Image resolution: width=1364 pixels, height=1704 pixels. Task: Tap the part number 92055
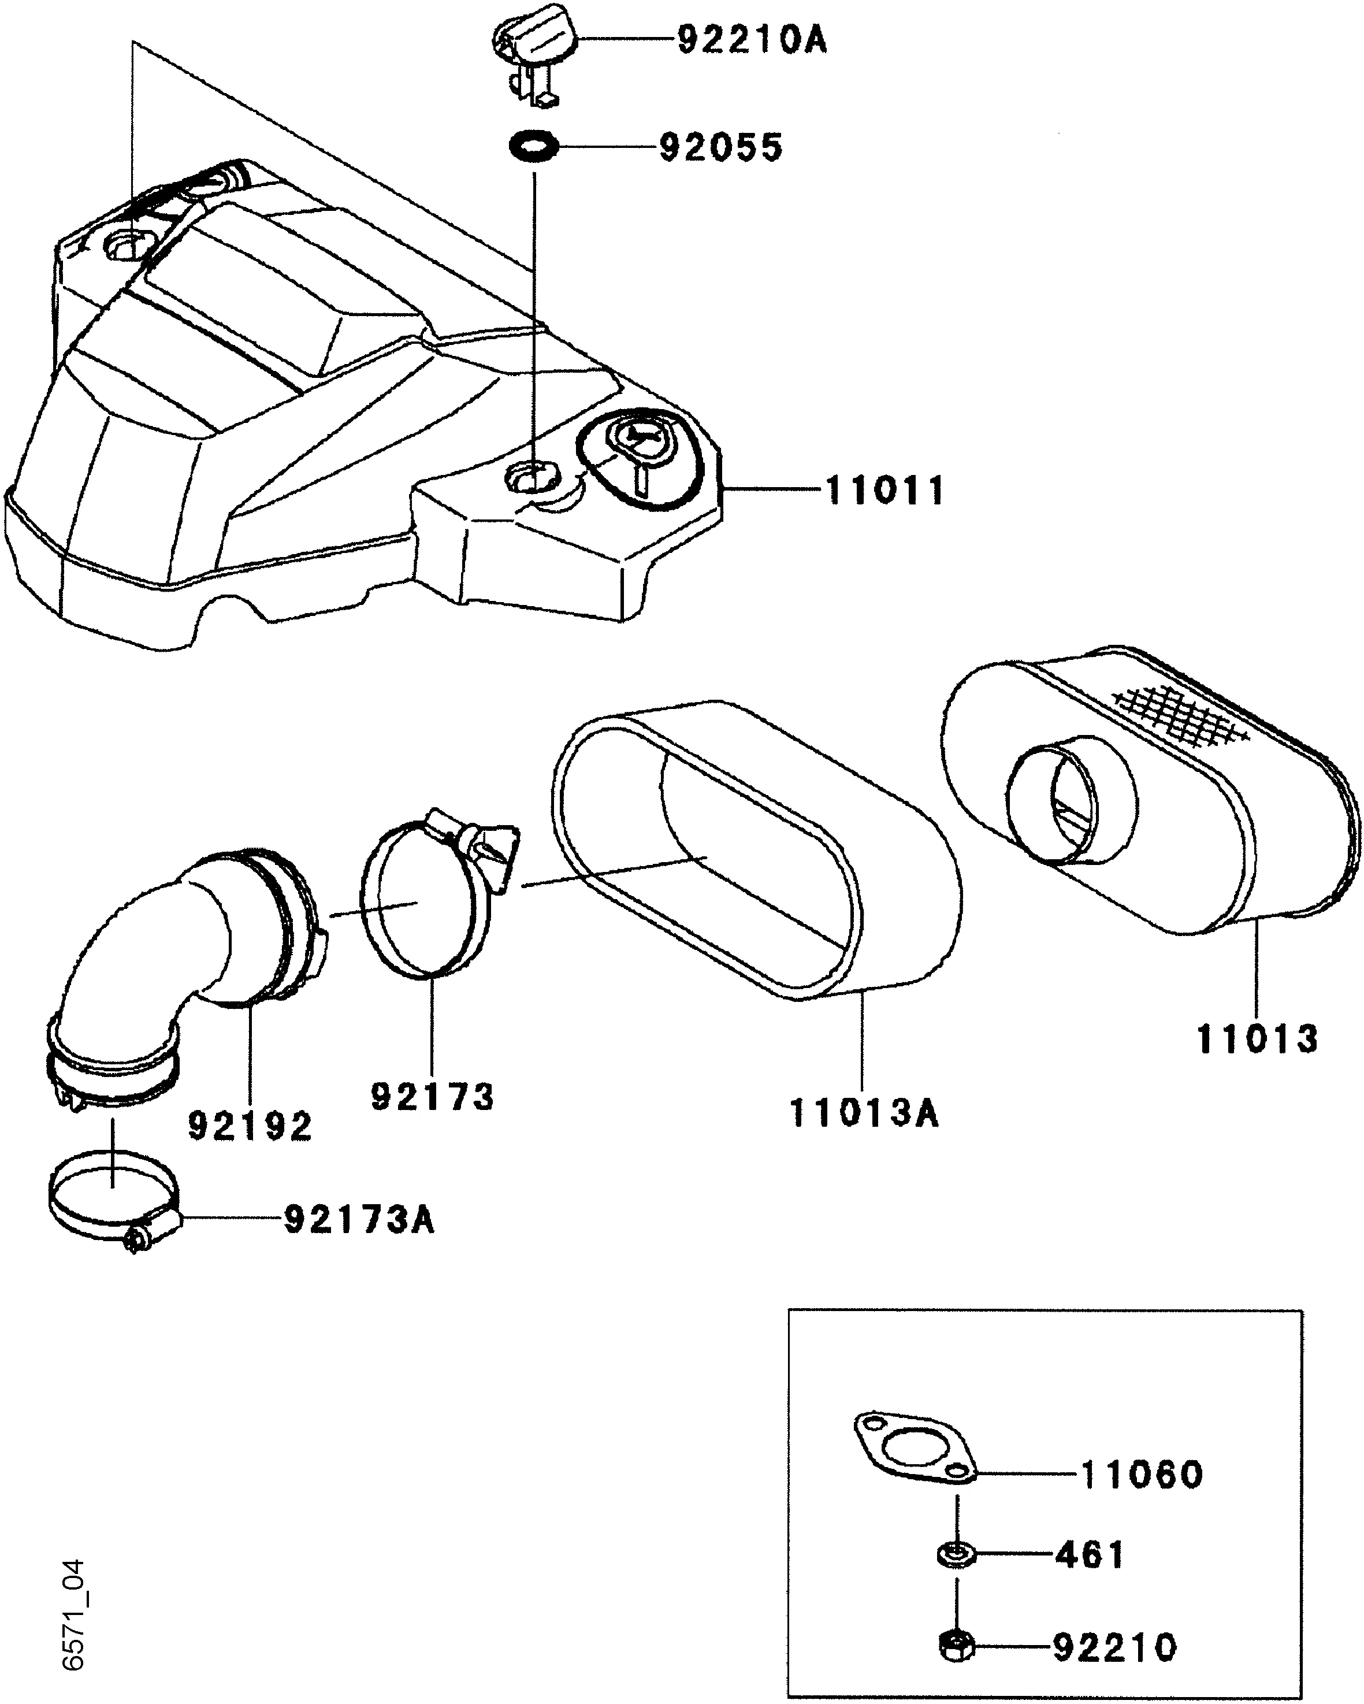pyautogui.click(x=721, y=148)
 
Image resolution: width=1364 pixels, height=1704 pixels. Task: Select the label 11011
pyautogui.click(x=885, y=491)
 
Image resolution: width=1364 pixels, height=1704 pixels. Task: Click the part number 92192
pyautogui.click(x=251, y=1126)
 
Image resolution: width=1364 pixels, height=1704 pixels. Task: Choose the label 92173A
pyautogui.click(x=359, y=1220)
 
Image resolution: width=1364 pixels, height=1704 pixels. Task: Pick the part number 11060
pyautogui.click(x=1141, y=1474)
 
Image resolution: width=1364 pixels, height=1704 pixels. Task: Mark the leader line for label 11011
pyautogui.click(x=771, y=491)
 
